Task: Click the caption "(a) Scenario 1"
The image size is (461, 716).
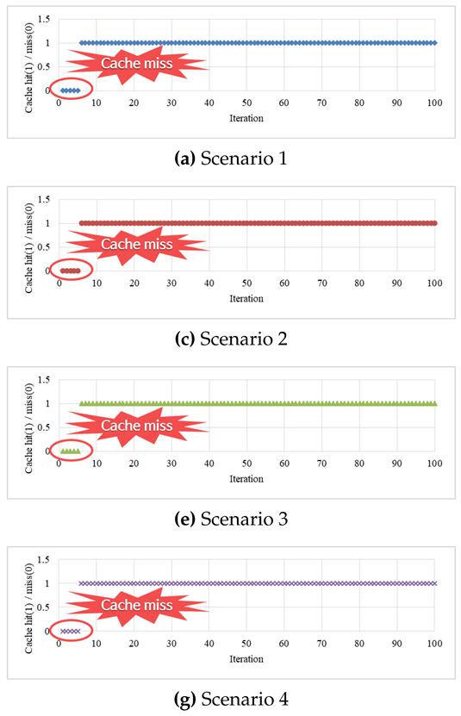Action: (x=230, y=159)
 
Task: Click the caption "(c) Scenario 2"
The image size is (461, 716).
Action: (x=230, y=339)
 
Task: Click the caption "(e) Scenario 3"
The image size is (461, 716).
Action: (x=230, y=519)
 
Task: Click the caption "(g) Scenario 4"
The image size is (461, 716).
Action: (x=230, y=699)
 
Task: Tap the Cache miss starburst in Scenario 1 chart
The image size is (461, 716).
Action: (x=137, y=64)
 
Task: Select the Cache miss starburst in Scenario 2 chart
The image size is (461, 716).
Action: (x=137, y=244)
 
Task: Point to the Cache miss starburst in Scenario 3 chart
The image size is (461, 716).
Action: (x=137, y=425)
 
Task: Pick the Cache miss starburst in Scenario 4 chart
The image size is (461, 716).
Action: (x=137, y=605)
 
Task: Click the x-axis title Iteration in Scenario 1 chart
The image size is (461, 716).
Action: (x=246, y=118)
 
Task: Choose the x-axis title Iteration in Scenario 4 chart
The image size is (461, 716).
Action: (x=246, y=659)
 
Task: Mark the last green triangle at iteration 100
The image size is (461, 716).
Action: (x=434, y=403)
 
